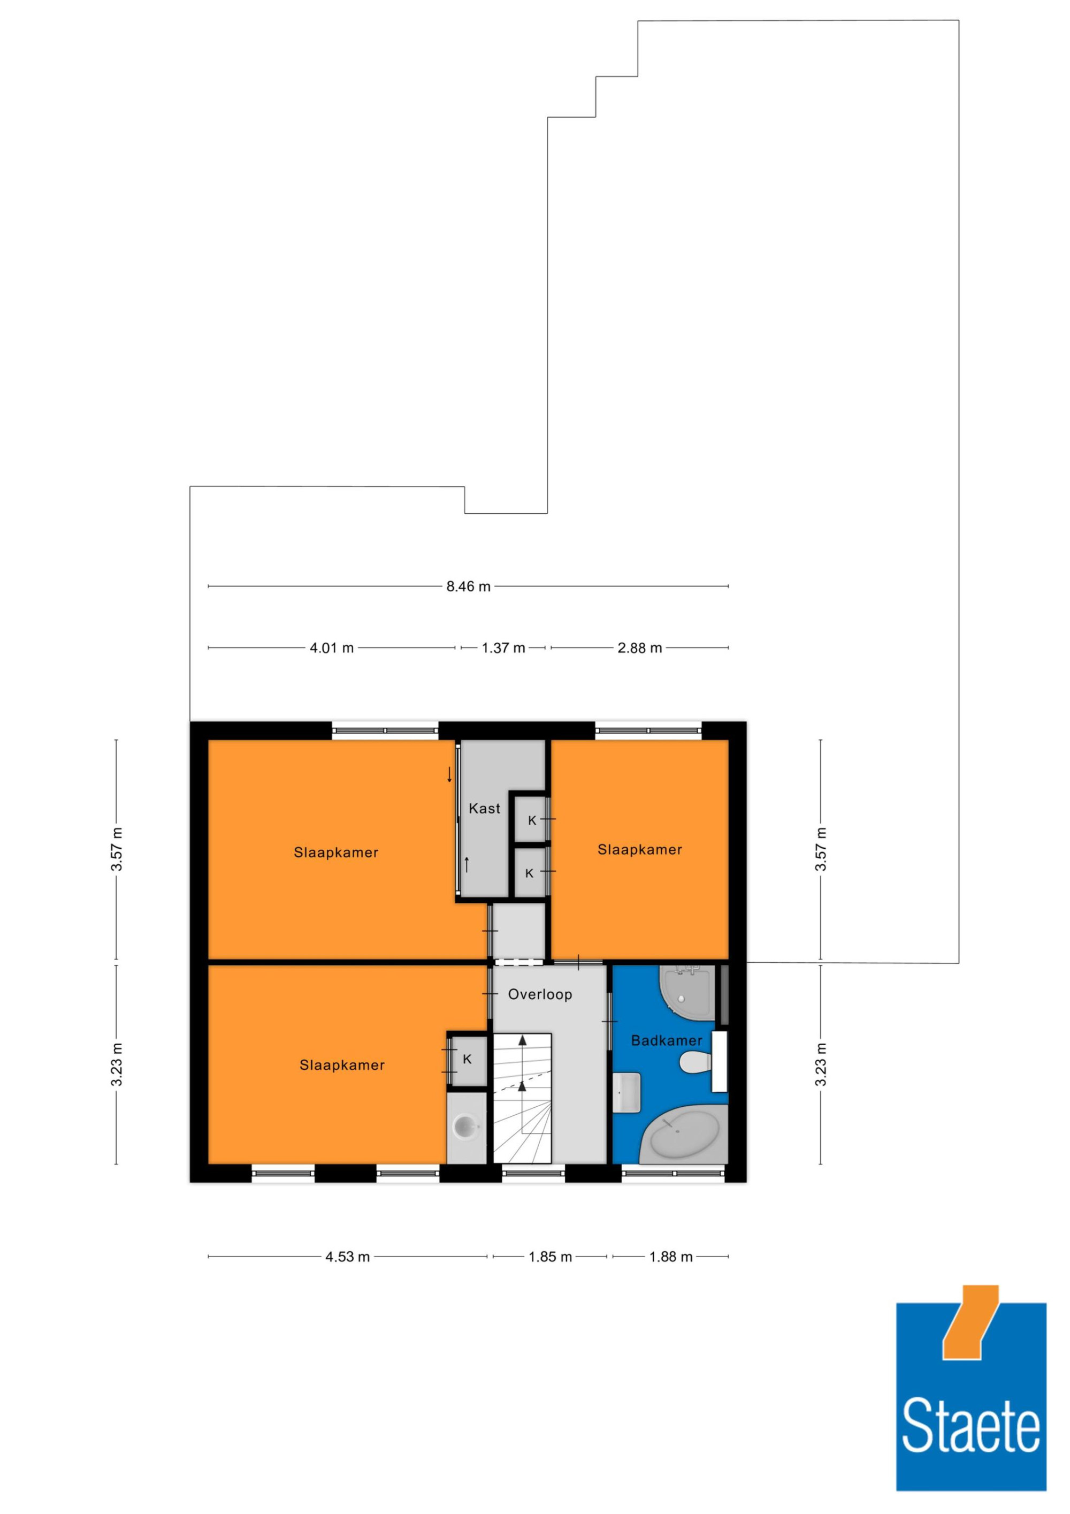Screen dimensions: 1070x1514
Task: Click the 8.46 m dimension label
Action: pyautogui.click(x=468, y=586)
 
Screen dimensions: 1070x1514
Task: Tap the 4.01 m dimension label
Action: pyautogui.click(x=332, y=648)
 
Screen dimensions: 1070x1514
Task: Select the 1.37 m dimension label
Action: pyautogui.click(x=503, y=648)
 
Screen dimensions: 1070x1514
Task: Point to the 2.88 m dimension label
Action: pyautogui.click(x=639, y=648)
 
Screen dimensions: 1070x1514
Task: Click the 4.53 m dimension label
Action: pyautogui.click(x=347, y=1256)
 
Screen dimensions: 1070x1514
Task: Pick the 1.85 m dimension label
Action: pyautogui.click(x=550, y=1256)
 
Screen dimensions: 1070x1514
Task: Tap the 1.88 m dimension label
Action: pyautogui.click(x=670, y=1256)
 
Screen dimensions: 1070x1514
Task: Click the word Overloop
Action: pyautogui.click(x=540, y=994)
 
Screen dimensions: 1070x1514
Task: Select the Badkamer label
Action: pyautogui.click(x=667, y=1040)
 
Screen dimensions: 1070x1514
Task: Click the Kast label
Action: pyautogui.click(x=485, y=809)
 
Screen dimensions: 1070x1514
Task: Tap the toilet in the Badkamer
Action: pyautogui.click(x=695, y=1062)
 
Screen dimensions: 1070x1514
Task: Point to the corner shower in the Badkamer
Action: pyautogui.click(x=687, y=989)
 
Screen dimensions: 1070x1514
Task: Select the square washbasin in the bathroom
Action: pyautogui.click(x=627, y=1093)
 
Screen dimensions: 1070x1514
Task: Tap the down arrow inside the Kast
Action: pyautogui.click(x=449, y=774)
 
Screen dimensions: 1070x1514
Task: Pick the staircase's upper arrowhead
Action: pyautogui.click(x=523, y=1040)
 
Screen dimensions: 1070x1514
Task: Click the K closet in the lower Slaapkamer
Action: pyautogui.click(x=468, y=1060)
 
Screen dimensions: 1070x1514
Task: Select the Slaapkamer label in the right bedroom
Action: pyautogui.click(x=639, y=849)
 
